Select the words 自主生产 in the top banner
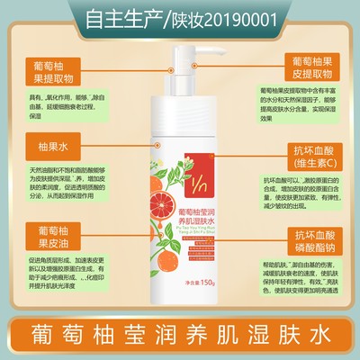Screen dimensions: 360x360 click(125, 17)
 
